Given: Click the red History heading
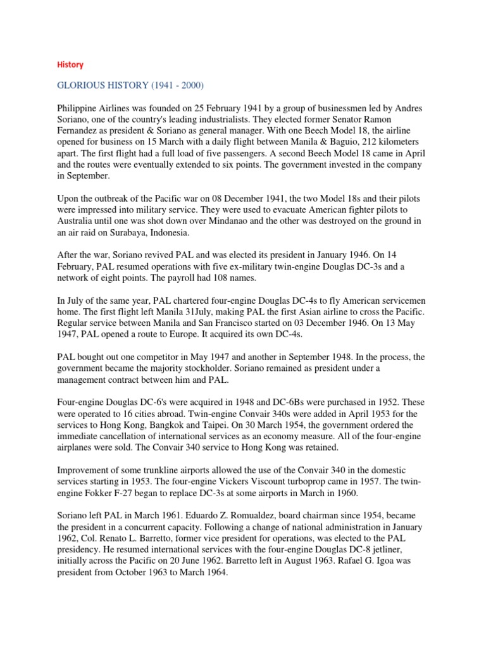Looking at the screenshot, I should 70,65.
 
